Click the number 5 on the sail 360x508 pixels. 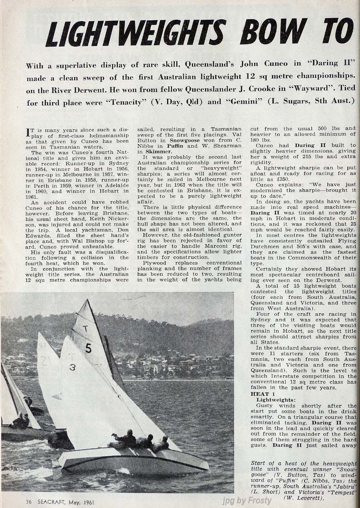(x=89, y=348)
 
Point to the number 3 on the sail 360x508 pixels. (x=72, y=367)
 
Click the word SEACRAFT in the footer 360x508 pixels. (x=50, y=502)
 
